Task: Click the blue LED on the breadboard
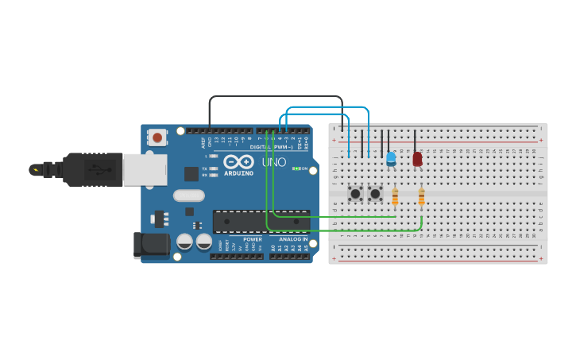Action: (391, 159)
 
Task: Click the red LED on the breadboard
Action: (417, 159)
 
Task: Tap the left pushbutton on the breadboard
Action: (355, 193)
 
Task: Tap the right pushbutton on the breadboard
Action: (375, 193)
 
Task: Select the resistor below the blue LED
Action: (395, 196)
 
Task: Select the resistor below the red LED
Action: (421, 196)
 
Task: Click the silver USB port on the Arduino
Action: (145, 169)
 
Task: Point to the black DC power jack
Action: (152, 245)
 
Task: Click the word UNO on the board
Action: (274, 162)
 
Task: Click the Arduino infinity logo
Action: (238, 161)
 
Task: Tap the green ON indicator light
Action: (296, 168)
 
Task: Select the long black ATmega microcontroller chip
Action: (261, 221)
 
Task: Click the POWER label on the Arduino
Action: (253, 239)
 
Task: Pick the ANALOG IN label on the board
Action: (293, 239)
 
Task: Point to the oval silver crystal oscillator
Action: (189, 195)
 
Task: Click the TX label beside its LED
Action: (205, 168)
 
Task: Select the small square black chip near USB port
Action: (191, 173)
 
